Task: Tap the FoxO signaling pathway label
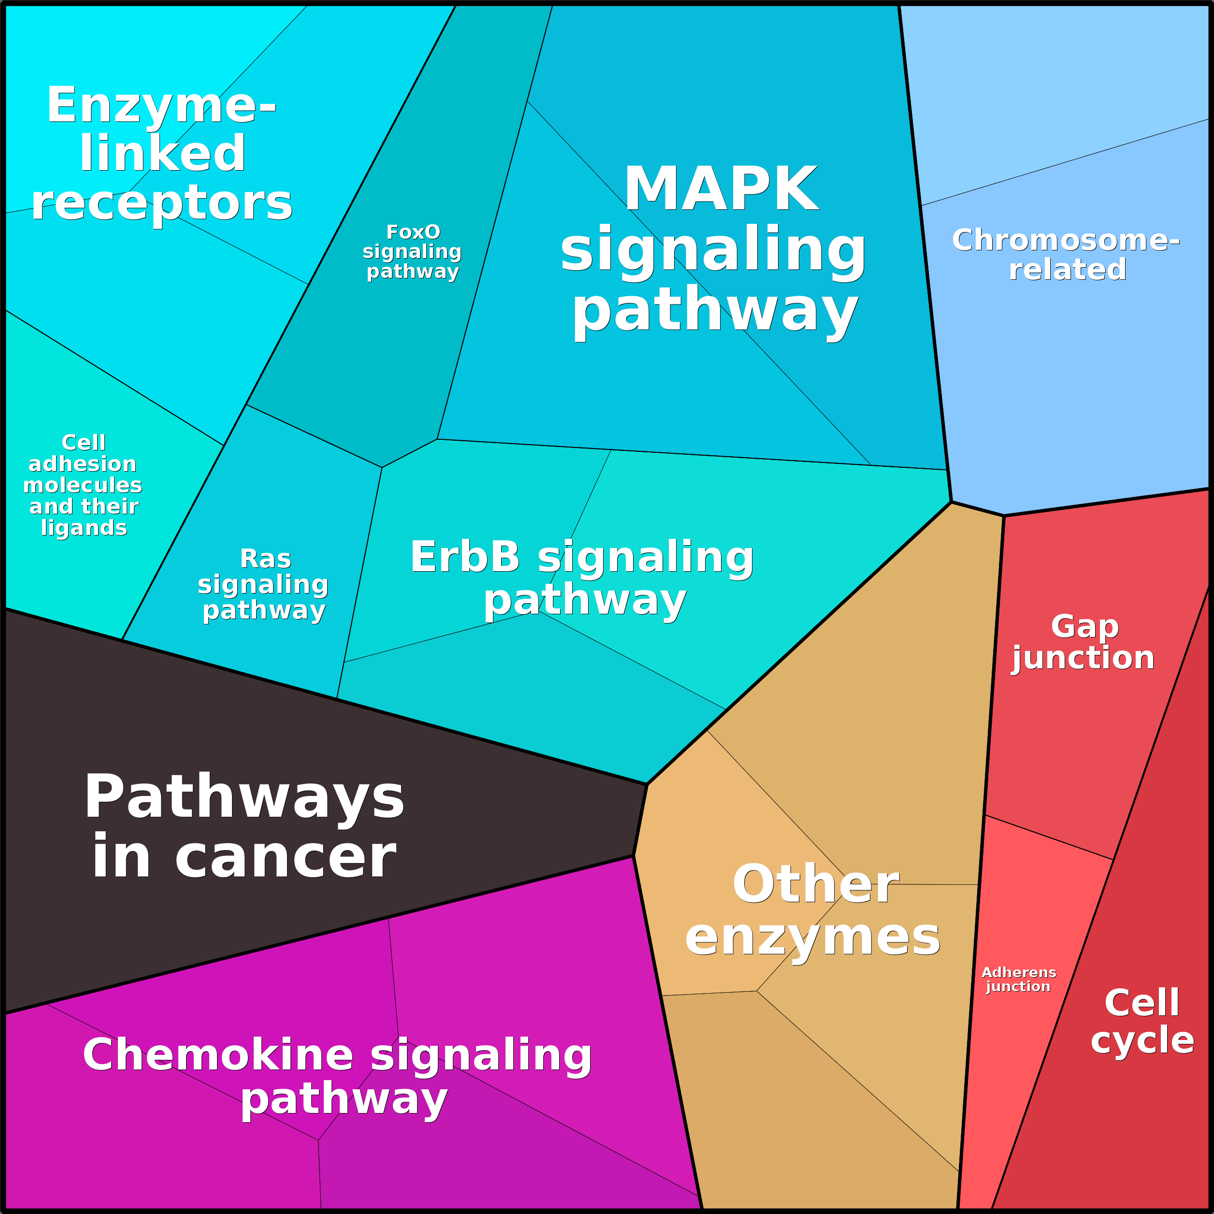pyautogui.click(x=412, y=251)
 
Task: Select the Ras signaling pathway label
pyautogui.click(x=264, y=584)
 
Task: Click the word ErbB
pyautogui.click(x=465, y=557)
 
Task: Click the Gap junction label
pyautogui.click(x=1084, y=642)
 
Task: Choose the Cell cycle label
pyautogui.click(x=1142, y=1021)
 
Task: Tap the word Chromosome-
pyautogui.click(x=1066, y=240)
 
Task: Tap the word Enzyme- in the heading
pyautogui.click(x=161, y=105)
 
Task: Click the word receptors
pyautogui.click(x=161, y=203)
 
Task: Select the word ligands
pyautogui.click(x=84, y=528)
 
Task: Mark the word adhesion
pyautogui.click(x=82, y=464)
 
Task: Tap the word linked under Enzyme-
pyautogui.click(x=162, y=154)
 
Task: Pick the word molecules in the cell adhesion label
pyautogui.click(x=82, y=486)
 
